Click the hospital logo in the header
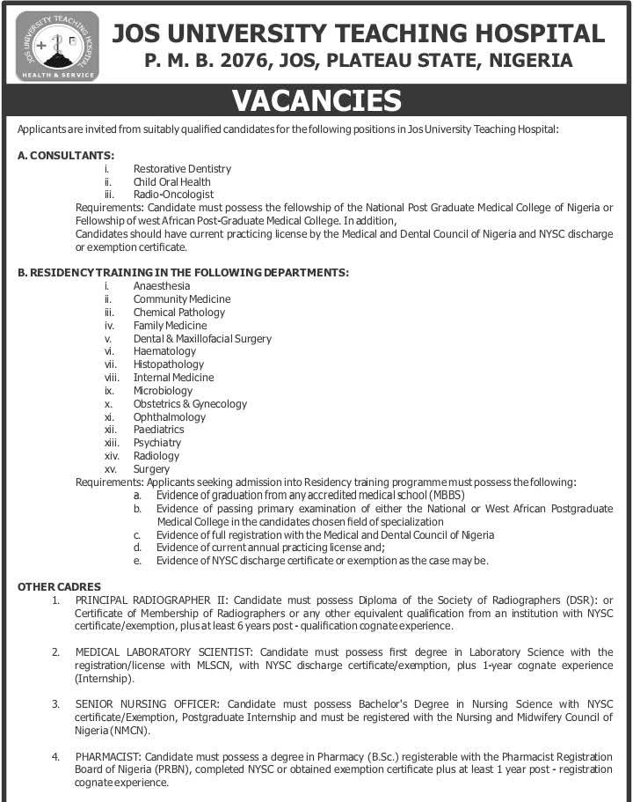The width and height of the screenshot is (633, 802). (x=57, y=46)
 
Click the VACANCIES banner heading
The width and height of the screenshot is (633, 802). (x=316, y=101)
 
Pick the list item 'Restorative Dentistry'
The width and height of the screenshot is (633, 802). (x=182, y=168)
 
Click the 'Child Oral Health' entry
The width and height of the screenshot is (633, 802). (x=171, y=181)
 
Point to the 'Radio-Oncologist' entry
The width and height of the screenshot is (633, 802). (x=173, y=195)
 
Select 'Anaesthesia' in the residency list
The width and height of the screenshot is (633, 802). (x=162, y=286)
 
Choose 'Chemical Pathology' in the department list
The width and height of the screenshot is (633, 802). (x=179, y=312)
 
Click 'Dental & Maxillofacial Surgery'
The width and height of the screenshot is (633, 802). (x=202, y=338)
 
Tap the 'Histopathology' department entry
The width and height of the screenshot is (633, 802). (x=169, y=364)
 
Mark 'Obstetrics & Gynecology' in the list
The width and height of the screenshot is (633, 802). (x=190, y=403)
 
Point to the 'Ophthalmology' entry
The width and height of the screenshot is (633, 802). (x=170, y=416)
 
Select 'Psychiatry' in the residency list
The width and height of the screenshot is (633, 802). (x=157, y=443)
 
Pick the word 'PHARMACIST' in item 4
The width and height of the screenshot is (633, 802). (x=108, y=756)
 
